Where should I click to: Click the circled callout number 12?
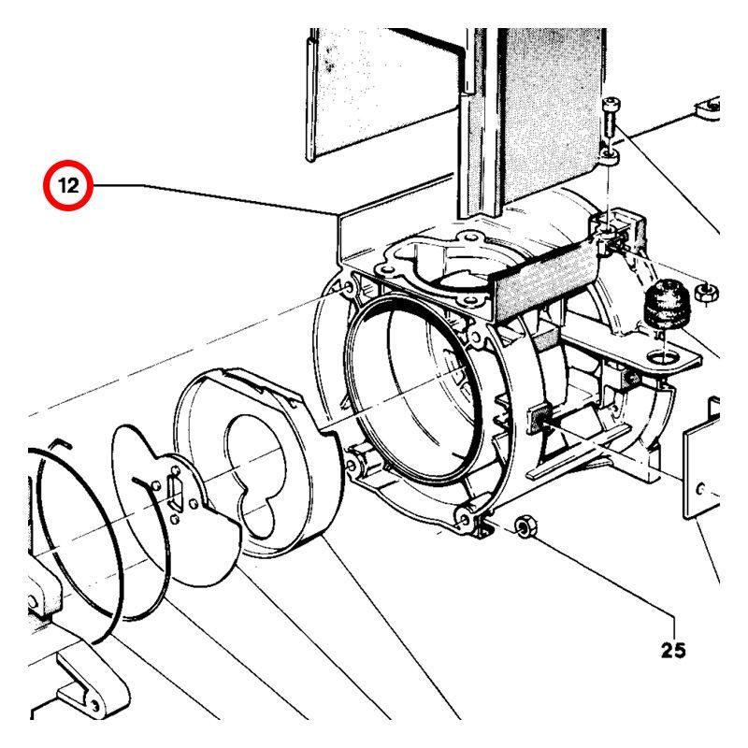pyautogui.click(x=68, y=185)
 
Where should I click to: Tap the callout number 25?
pyautogui.click(x=673, y=650)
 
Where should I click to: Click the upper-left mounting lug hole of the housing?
pyautogui.click(x=348, y=288)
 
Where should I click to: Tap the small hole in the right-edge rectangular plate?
pyautogui.click(x=700, y=488)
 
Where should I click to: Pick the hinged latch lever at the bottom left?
pyautogui.click(x=92, y=685)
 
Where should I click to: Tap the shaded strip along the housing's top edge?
pyautogui.click(x=544, y=282)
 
